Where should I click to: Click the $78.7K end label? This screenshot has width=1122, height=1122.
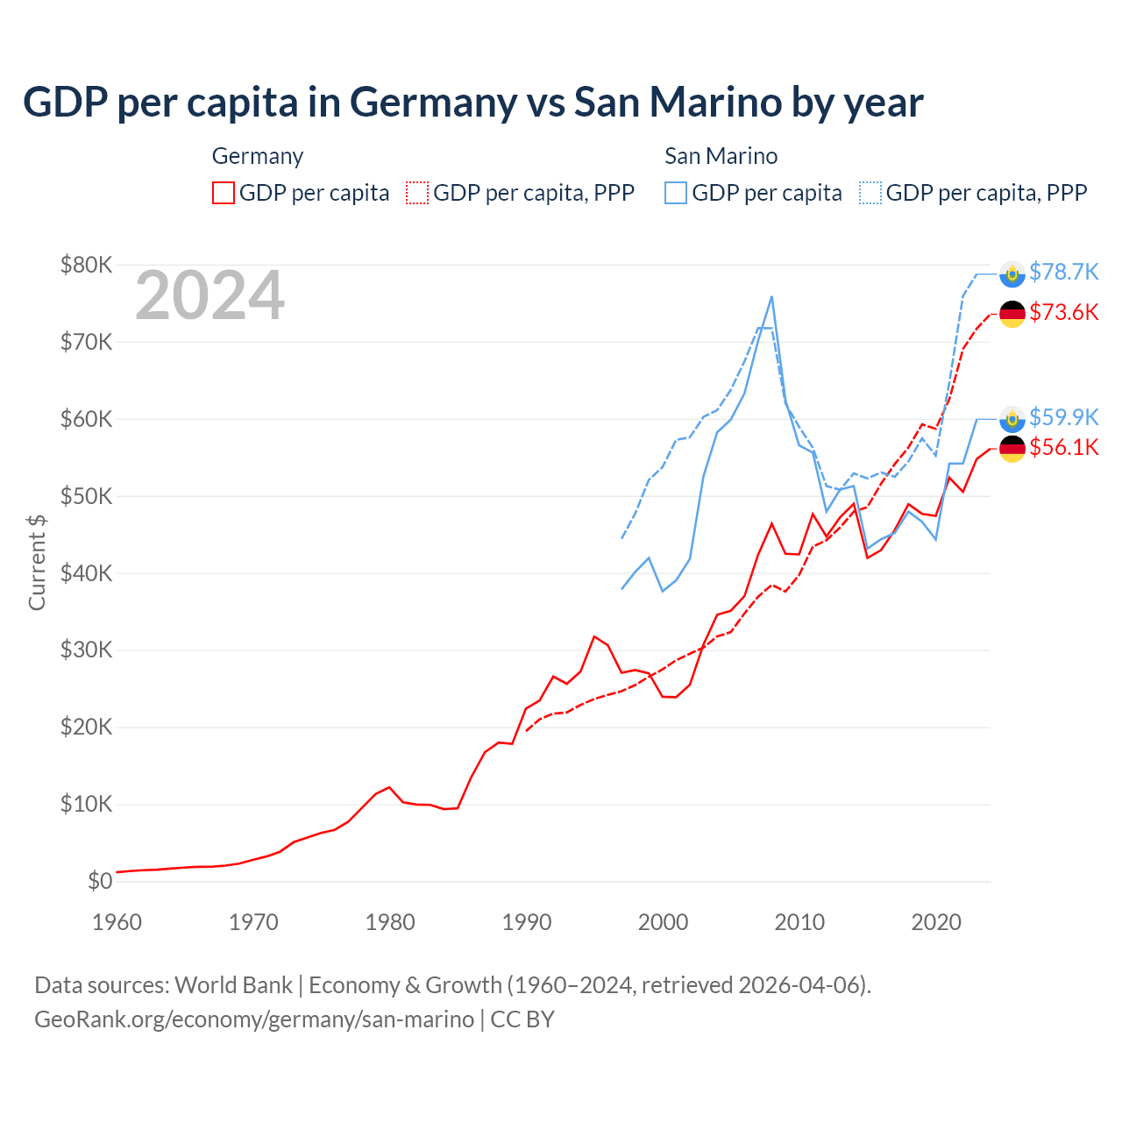click(x=1063, y=272)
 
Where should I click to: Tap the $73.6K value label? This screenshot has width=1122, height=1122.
click(x=1063, y=312)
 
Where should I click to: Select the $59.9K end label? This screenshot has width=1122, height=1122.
click(x=1063, y=416)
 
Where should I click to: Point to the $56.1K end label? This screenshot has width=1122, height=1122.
click(x=1063, y=447)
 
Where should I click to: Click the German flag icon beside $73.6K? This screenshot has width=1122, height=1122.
click(x=1012, y=313)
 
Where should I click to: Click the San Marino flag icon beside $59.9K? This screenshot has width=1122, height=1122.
click(x=1012, y=419)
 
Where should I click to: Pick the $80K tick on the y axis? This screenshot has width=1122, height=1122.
click(x=86, y=265)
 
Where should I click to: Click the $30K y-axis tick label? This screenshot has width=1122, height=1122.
click(x=86, y=650)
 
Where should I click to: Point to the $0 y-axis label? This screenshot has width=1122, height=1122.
click(x=100, y=881)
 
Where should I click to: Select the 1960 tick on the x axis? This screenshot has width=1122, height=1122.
click(x=117, y=922)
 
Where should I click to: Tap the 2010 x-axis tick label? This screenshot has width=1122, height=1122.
click(x=799, y=922)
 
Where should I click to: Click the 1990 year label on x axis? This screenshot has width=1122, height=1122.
click(x=527, y=922)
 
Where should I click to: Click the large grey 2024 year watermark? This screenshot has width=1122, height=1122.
click(x=209, y=295)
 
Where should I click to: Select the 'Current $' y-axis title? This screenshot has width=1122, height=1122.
click(x=37, y=563)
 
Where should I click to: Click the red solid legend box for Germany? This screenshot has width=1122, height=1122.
click(x=224, y=193)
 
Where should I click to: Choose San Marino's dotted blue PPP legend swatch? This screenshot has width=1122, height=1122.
click(x=870, y=193)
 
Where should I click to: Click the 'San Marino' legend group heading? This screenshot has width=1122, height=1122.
click(x=721, y=156)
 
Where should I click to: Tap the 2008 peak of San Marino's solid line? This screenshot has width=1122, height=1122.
click(x=771, y=296)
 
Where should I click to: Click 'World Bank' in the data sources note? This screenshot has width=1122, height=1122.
click(x=233, y=985)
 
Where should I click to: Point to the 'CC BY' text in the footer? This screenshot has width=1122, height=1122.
click(x=522, y=1019)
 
